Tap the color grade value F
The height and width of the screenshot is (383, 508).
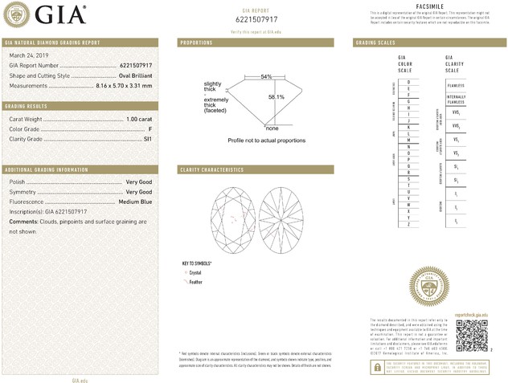[150, 128]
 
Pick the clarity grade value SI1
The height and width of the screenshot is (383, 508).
[147, 139]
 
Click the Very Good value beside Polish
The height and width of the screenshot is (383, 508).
[139, 182]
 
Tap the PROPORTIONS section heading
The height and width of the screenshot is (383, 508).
[196, 42]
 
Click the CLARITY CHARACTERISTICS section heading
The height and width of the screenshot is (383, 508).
[211, 170]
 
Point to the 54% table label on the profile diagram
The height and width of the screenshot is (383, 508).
[266, 76]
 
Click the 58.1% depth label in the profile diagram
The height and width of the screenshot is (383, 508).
[276, 97]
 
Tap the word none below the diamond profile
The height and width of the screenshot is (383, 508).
[272, 128]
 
